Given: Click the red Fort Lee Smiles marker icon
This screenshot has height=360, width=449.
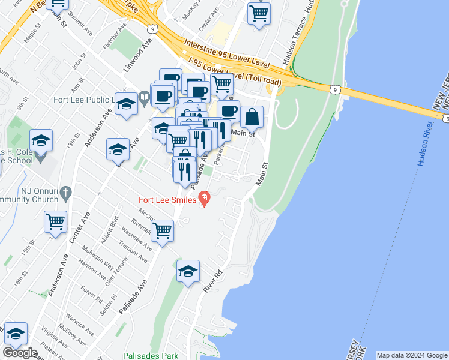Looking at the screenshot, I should [x=205, y=198].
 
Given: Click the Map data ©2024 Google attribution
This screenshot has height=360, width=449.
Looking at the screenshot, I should [x=412, y=355].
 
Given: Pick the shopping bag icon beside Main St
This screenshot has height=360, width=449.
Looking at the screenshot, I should [x=252, y=116].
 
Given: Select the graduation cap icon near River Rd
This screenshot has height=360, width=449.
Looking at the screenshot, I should [x=188, y=271].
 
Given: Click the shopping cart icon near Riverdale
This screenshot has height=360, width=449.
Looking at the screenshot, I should [x=163, y=230].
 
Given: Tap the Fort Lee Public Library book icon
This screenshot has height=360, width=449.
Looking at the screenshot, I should [x=144, y=96].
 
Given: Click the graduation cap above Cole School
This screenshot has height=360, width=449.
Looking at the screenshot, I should [x=41, y=140].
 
